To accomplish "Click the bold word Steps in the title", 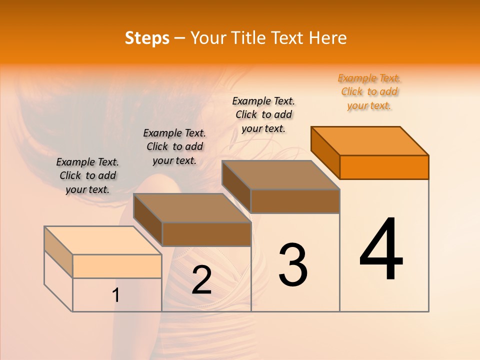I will [147, 38].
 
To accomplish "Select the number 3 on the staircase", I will [292, 265].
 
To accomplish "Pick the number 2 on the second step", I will [201, 280].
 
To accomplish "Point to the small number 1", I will [115, 295].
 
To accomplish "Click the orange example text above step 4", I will [369, 91].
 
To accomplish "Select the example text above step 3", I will [263, 114].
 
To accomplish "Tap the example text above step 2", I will [174, 146].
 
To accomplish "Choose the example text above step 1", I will [87, 175].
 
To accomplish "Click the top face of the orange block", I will [370, 140].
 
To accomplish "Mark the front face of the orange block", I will [384, 167].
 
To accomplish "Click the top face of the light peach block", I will [103, 240].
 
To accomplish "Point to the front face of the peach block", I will [117, 266].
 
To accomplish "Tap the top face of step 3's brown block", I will [281, 175].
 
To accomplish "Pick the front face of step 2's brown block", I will [206, 234].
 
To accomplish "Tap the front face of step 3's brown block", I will [295, 201].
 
